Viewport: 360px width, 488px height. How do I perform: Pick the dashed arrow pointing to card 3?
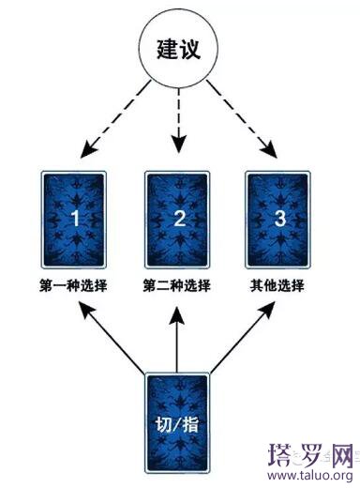(242, 119)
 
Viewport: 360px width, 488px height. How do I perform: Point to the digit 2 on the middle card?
(177, 220)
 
